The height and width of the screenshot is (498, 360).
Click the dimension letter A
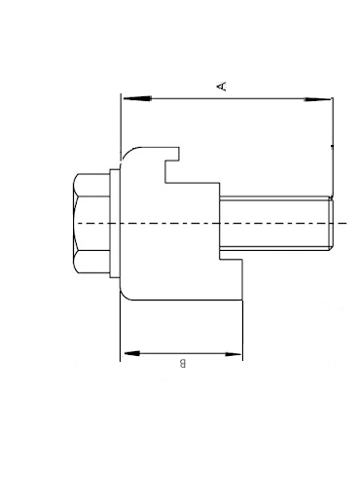tap(222, 87)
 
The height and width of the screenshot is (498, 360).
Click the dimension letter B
tap(183, 363)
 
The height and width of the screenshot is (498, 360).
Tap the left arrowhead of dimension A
tap(137, 98)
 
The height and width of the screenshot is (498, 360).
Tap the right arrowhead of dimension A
tap(317, 99)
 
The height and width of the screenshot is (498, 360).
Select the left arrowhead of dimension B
tap(132, 353)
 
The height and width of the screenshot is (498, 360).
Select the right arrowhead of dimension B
tap(233, 354)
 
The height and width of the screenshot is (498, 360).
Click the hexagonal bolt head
tap(91, 224)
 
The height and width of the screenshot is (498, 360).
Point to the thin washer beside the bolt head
tap(115, 224)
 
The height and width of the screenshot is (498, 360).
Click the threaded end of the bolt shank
tap(330, 224)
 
